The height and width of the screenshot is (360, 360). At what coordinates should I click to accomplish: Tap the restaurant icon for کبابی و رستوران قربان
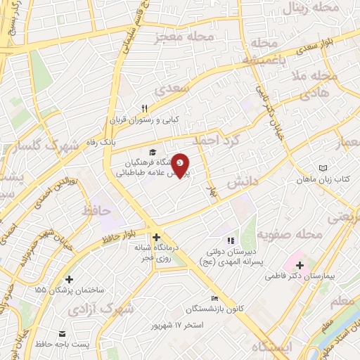[144, 108]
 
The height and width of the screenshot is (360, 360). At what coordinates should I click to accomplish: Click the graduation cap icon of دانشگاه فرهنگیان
[153, 152]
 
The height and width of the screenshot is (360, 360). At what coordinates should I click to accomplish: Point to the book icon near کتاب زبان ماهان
[323, 168]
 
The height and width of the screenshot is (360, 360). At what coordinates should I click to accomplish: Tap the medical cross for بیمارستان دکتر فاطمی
[300, 265]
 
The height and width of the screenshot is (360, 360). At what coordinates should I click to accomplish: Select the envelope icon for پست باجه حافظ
[61, 333]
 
